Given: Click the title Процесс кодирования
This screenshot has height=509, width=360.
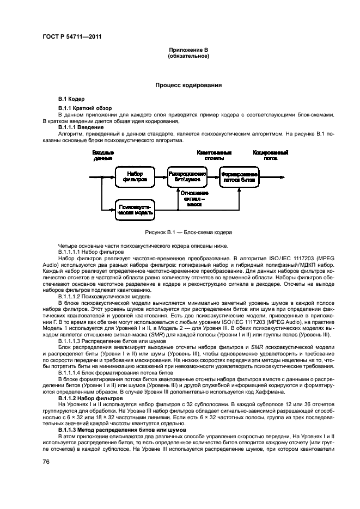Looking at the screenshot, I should click(x=188, y=85).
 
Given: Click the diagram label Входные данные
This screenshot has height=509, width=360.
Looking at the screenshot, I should click(x=102, y=156).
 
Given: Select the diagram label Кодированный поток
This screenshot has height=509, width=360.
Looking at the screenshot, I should click(x=270, y=156).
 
